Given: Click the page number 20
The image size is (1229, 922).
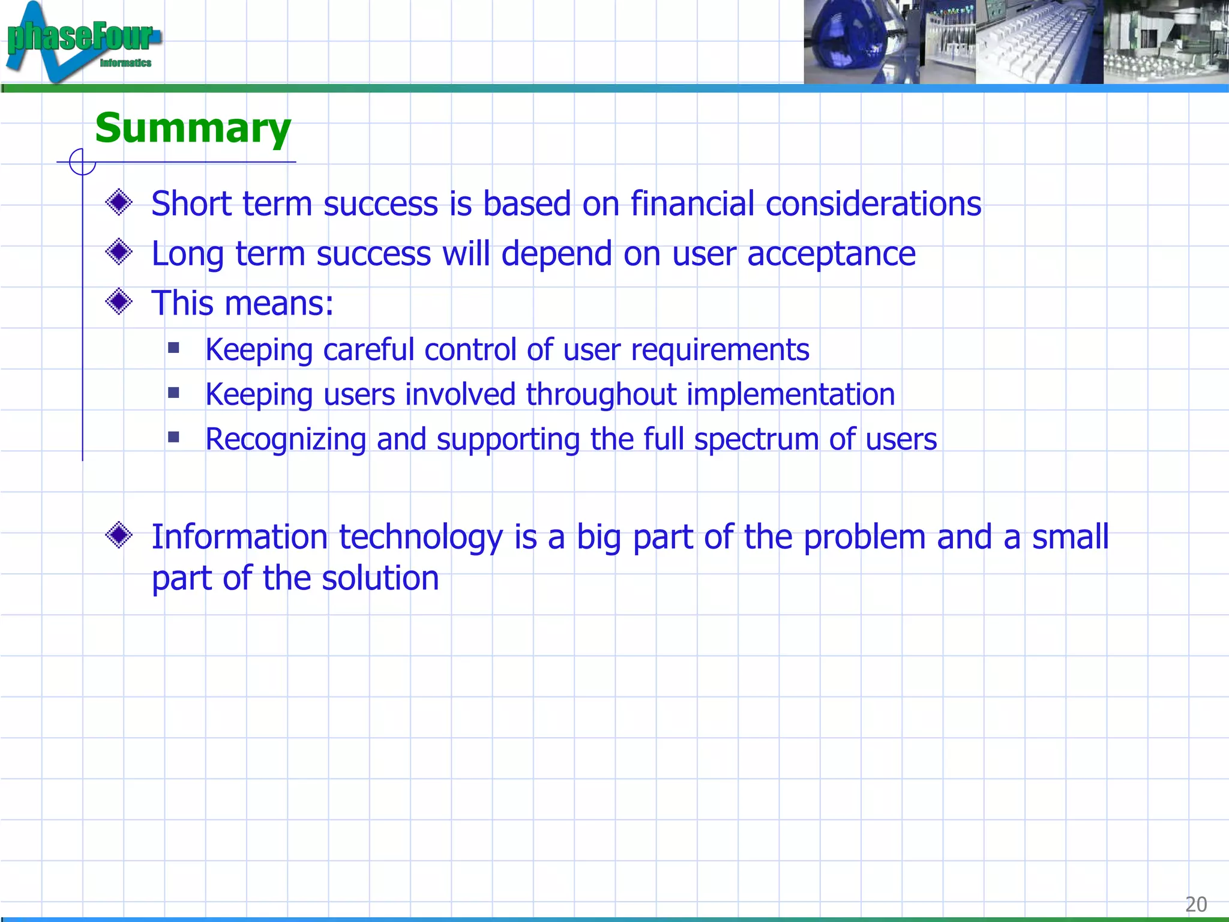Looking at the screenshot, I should coord(1195,904).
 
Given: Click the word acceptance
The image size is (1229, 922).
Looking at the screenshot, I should coord(831,254).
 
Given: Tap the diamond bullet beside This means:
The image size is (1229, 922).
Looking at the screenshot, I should coord(119,301).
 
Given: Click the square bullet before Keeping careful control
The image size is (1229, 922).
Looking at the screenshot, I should coord(174,348).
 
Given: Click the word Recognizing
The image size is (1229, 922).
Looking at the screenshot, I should coord(286,439).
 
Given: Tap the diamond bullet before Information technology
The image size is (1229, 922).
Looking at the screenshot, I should coord(119,534).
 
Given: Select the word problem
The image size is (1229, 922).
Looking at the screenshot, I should coord(864,537).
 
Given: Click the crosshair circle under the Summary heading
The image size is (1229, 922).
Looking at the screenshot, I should coord(82,162).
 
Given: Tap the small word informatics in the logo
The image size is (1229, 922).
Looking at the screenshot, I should coord(125,63).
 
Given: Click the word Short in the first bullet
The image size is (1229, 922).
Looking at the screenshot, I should coord(191,203).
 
